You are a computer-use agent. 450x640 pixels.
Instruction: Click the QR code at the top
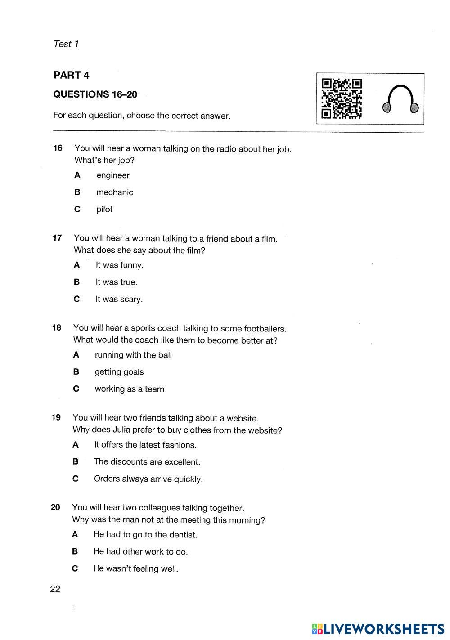(342, 98)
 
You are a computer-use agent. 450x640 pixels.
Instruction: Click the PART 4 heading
(71, 75)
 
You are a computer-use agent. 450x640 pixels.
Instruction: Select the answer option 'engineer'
(112, 175)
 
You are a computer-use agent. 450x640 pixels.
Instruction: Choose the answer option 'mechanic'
(114, 192)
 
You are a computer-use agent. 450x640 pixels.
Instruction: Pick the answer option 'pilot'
(104, 210)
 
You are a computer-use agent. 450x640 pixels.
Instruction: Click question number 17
(57, 238)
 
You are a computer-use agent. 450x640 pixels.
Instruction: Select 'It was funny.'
(119, 265)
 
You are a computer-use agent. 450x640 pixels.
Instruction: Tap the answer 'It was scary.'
(119, 300)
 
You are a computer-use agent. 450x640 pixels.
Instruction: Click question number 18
(56, 328)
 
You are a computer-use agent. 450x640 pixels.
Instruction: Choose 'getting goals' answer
(119, 372)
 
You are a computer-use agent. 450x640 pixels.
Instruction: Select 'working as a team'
(129, 389)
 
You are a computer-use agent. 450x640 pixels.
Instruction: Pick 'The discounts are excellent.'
(147, 462)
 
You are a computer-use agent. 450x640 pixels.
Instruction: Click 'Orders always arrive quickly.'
(148, 479)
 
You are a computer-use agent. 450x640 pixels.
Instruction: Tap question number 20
(55, 508)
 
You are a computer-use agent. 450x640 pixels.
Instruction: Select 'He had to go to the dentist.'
(145, 535)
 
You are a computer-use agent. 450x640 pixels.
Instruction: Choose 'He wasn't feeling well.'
(135, 569)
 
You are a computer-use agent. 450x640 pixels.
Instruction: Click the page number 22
(55, 589)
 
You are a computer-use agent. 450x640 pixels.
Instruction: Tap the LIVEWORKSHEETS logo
(378, 628)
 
